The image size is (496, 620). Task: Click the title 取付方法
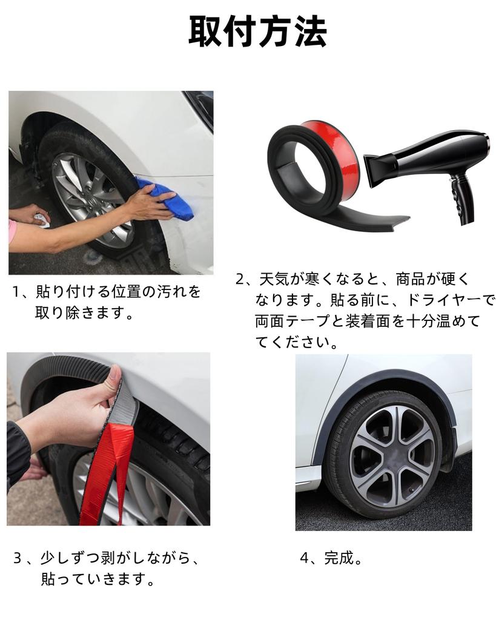(257, 31)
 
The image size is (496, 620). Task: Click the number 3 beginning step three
(18, 558)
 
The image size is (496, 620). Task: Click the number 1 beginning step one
(16, 292)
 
